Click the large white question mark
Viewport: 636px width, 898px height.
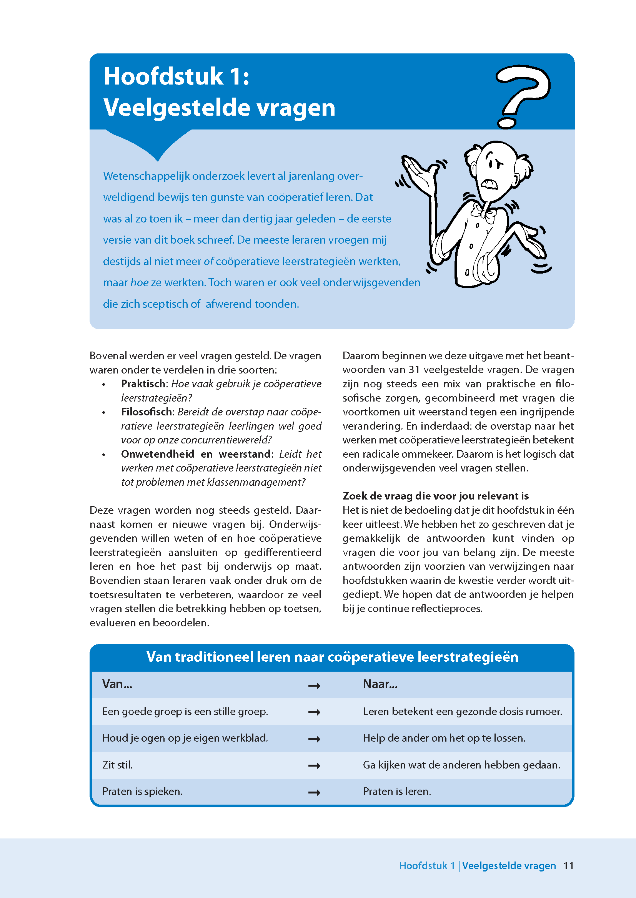(523, 94)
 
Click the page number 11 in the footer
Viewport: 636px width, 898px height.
(568, 865)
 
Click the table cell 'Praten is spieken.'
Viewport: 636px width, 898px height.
(143, 791)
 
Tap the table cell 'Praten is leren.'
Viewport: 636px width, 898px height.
(397, 791)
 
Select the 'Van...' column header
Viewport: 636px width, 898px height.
(117, 684)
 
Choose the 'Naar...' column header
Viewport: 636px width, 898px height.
(380, 684)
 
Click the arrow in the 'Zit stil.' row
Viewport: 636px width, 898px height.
(314, 766)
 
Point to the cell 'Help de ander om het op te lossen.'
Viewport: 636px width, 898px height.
(444, 738)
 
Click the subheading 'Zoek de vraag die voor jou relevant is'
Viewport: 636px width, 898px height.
(436, 496)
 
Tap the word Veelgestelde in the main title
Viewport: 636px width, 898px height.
(176, 107)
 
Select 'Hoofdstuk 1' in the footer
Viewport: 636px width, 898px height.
(426, 865)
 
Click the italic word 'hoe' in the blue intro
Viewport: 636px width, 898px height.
(139, 282)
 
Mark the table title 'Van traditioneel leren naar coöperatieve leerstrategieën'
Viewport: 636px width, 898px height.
(332, 657)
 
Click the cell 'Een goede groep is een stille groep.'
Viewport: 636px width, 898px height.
(185, 711)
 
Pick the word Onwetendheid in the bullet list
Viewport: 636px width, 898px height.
(157, 454)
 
